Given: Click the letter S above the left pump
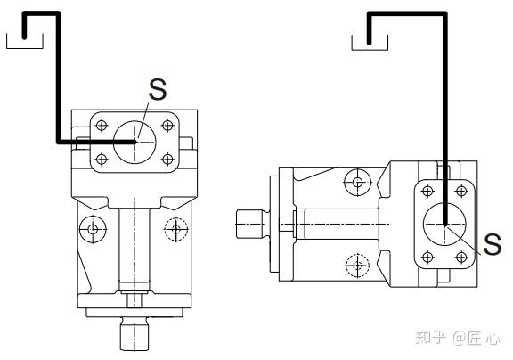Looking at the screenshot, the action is click(158, 89).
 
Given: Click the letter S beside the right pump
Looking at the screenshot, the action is click(493, 244).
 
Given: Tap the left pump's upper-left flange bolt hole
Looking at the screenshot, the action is click(102, 125).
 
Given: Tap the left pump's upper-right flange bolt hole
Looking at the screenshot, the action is click(167, 125).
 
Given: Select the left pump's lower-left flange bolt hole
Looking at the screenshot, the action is click(102, 160).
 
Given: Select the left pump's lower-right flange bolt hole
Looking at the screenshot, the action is click(167, 160).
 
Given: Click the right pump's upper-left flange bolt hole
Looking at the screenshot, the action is click(427, 191).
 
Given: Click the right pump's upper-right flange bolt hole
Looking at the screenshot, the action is click(461, 191).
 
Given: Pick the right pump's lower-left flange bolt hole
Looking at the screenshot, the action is click(427, 258).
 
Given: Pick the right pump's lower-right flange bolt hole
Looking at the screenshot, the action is click(461, 258).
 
